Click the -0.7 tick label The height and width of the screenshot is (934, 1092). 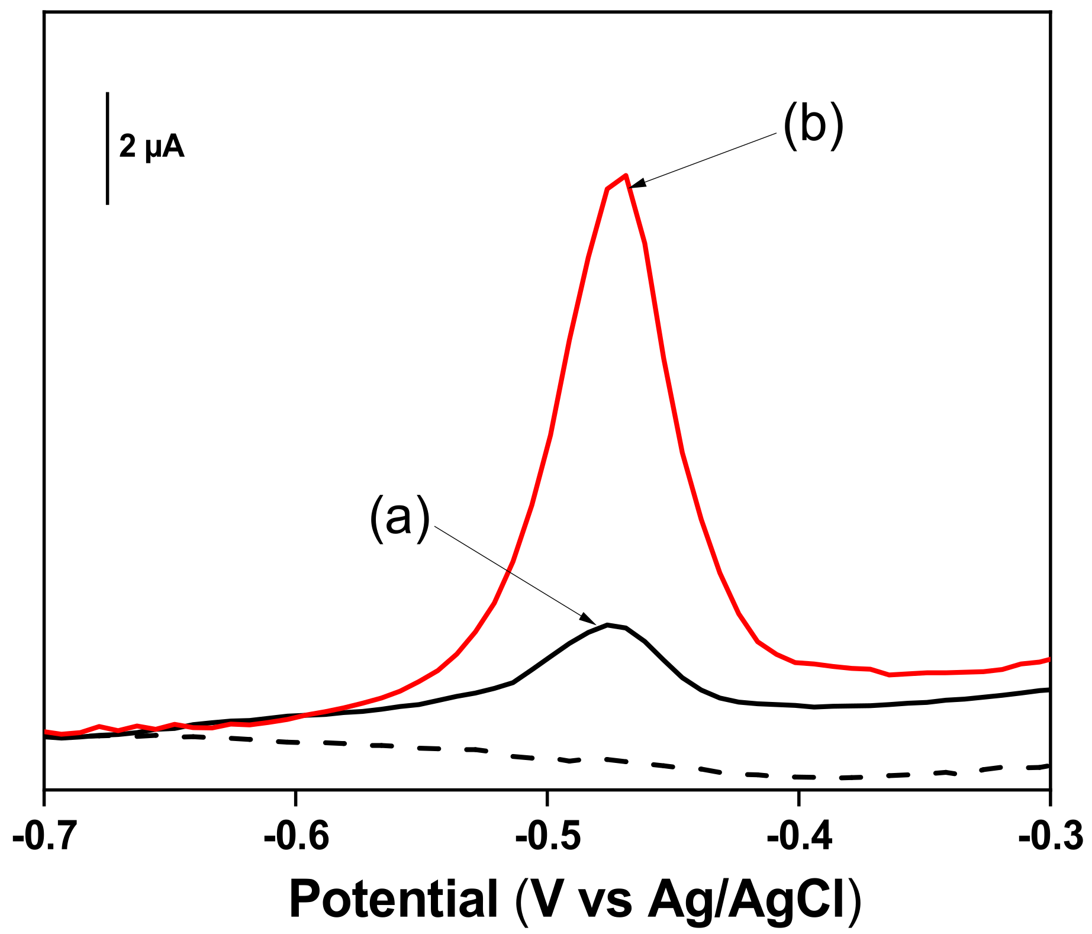pyautogui.click(x=44, y=837)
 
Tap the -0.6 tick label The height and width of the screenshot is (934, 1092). pyautogui.click(x=297, y=837)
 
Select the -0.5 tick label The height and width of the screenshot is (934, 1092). pyautogui.click(x=548, y=837)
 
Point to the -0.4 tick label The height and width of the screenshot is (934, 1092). pyautogui.click(x=800, y=837)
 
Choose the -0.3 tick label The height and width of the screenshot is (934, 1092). pyautogui.click(x=1051, y=837)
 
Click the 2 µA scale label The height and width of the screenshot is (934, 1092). pyautogui.click(x=152, y=146)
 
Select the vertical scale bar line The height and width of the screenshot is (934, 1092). pyautogui.click(x=107, y=148)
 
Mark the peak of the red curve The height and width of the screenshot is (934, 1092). pyautogui.click(x=625, y=175)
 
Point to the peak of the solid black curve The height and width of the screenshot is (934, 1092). pyautogui.click(x=608, y=624)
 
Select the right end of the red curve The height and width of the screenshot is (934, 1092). pyautogui.click(x=1048, y=659)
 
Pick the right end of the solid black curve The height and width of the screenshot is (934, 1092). pyautogui.click(x=1048, y=690)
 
